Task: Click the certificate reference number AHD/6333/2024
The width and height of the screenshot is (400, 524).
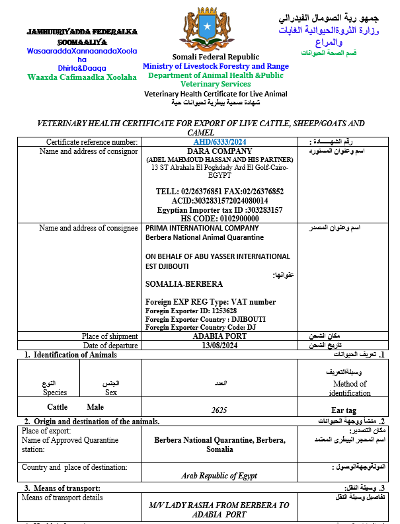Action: (x=221, y=141)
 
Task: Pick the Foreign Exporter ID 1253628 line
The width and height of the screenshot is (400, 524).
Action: (x=190, y=310)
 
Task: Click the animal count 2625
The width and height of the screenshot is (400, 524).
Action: (x=220, y=410)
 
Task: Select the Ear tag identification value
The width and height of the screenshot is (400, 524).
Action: (x=344, y=410)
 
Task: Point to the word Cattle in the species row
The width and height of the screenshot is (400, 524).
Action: (x=58, y=407)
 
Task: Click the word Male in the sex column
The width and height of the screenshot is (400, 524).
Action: (x=96, y=407)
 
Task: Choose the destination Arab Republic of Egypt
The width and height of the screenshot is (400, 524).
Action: (x=220, y=475)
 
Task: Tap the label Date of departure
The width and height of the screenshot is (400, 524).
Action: (x=110, y=345)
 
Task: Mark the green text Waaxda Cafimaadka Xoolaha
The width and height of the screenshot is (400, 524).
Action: (x=82, y=77)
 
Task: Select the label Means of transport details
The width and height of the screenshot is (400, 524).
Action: (x=62, y=498)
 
